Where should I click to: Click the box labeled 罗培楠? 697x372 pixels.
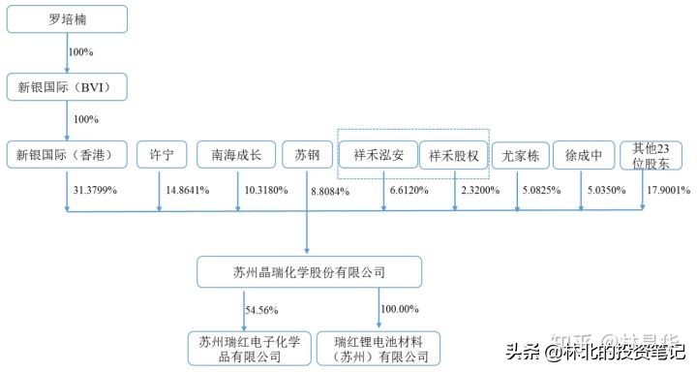coord(67,18)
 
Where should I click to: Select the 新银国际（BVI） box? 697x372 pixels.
coord(67,86)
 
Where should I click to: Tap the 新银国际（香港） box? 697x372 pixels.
coord(67,154)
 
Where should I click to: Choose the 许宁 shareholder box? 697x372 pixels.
coord(161,154)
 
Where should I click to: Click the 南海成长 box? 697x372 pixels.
coord(237,154)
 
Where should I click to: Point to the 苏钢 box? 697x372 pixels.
coord(307,154)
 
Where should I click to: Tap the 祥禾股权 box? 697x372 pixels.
coord(453,154)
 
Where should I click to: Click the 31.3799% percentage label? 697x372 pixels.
coord(95,191)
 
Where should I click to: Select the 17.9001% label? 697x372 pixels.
coord(664,191)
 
